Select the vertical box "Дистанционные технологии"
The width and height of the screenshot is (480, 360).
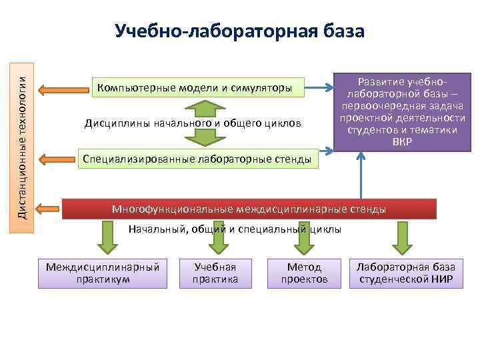tap(22, 144)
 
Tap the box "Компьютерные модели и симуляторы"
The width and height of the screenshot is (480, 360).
tap(195, 87)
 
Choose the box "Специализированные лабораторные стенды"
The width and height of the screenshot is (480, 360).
tap(195, 159)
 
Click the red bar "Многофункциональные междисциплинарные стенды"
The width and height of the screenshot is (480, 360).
tap(249, 209)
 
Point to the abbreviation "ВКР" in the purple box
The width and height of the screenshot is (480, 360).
tap(402, 142)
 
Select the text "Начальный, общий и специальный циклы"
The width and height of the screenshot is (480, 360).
tap(234, 229)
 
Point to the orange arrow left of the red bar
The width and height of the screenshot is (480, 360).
tap(48, 209)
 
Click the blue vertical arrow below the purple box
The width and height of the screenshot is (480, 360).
tap(361, 175)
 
